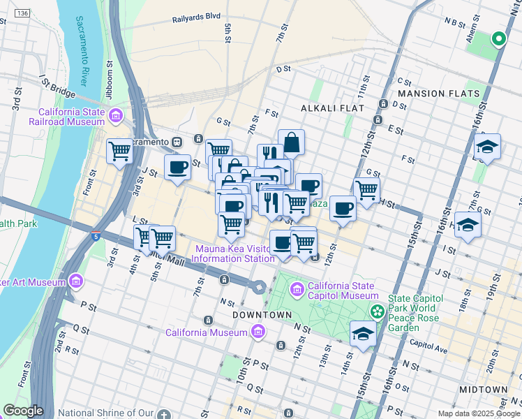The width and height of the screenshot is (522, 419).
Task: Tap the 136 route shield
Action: point(23,13)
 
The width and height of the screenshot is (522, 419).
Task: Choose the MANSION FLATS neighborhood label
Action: point(438,93)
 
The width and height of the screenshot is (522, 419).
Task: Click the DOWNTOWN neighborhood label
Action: point(262,315)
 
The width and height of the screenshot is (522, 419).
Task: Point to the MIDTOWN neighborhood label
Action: point(484,389)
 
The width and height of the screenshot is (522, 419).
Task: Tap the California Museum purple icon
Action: point(259,332)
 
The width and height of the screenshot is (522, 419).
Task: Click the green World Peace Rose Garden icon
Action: point(377,310)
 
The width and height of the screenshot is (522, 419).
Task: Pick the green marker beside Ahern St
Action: point(499,38)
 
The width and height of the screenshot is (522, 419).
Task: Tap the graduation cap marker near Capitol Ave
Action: point(363,333)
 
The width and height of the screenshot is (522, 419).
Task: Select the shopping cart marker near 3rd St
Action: point(120,149)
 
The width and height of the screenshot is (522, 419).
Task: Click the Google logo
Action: point(22,411)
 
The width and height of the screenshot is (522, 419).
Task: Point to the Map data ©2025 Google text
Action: point(478,413)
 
